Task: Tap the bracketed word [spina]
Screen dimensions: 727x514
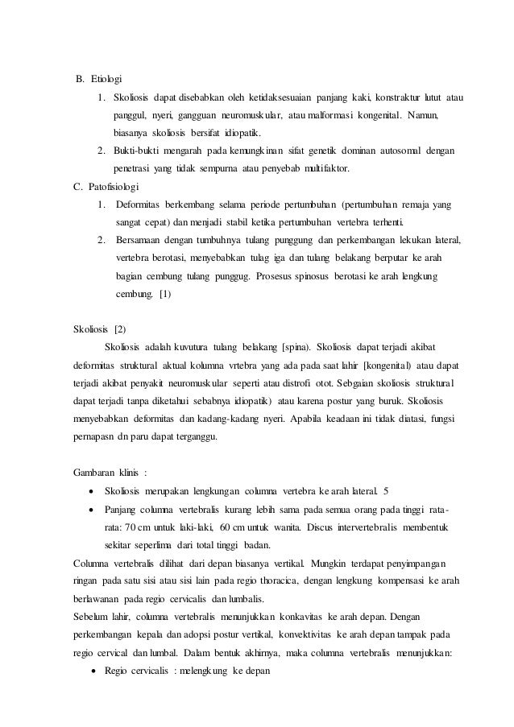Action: (293, 346)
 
